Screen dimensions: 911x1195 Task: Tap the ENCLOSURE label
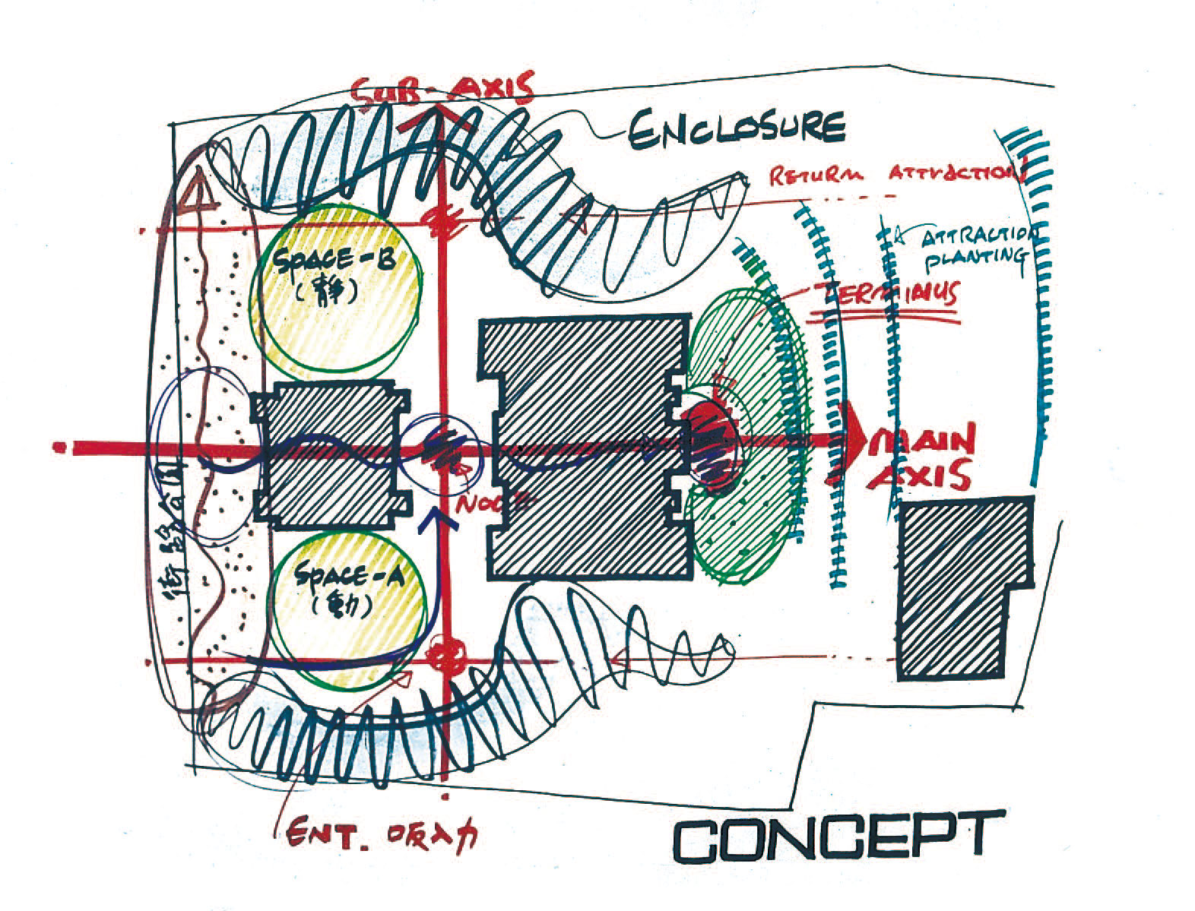[x=735, y=128]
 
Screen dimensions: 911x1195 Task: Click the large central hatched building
[x=585, y=448]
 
